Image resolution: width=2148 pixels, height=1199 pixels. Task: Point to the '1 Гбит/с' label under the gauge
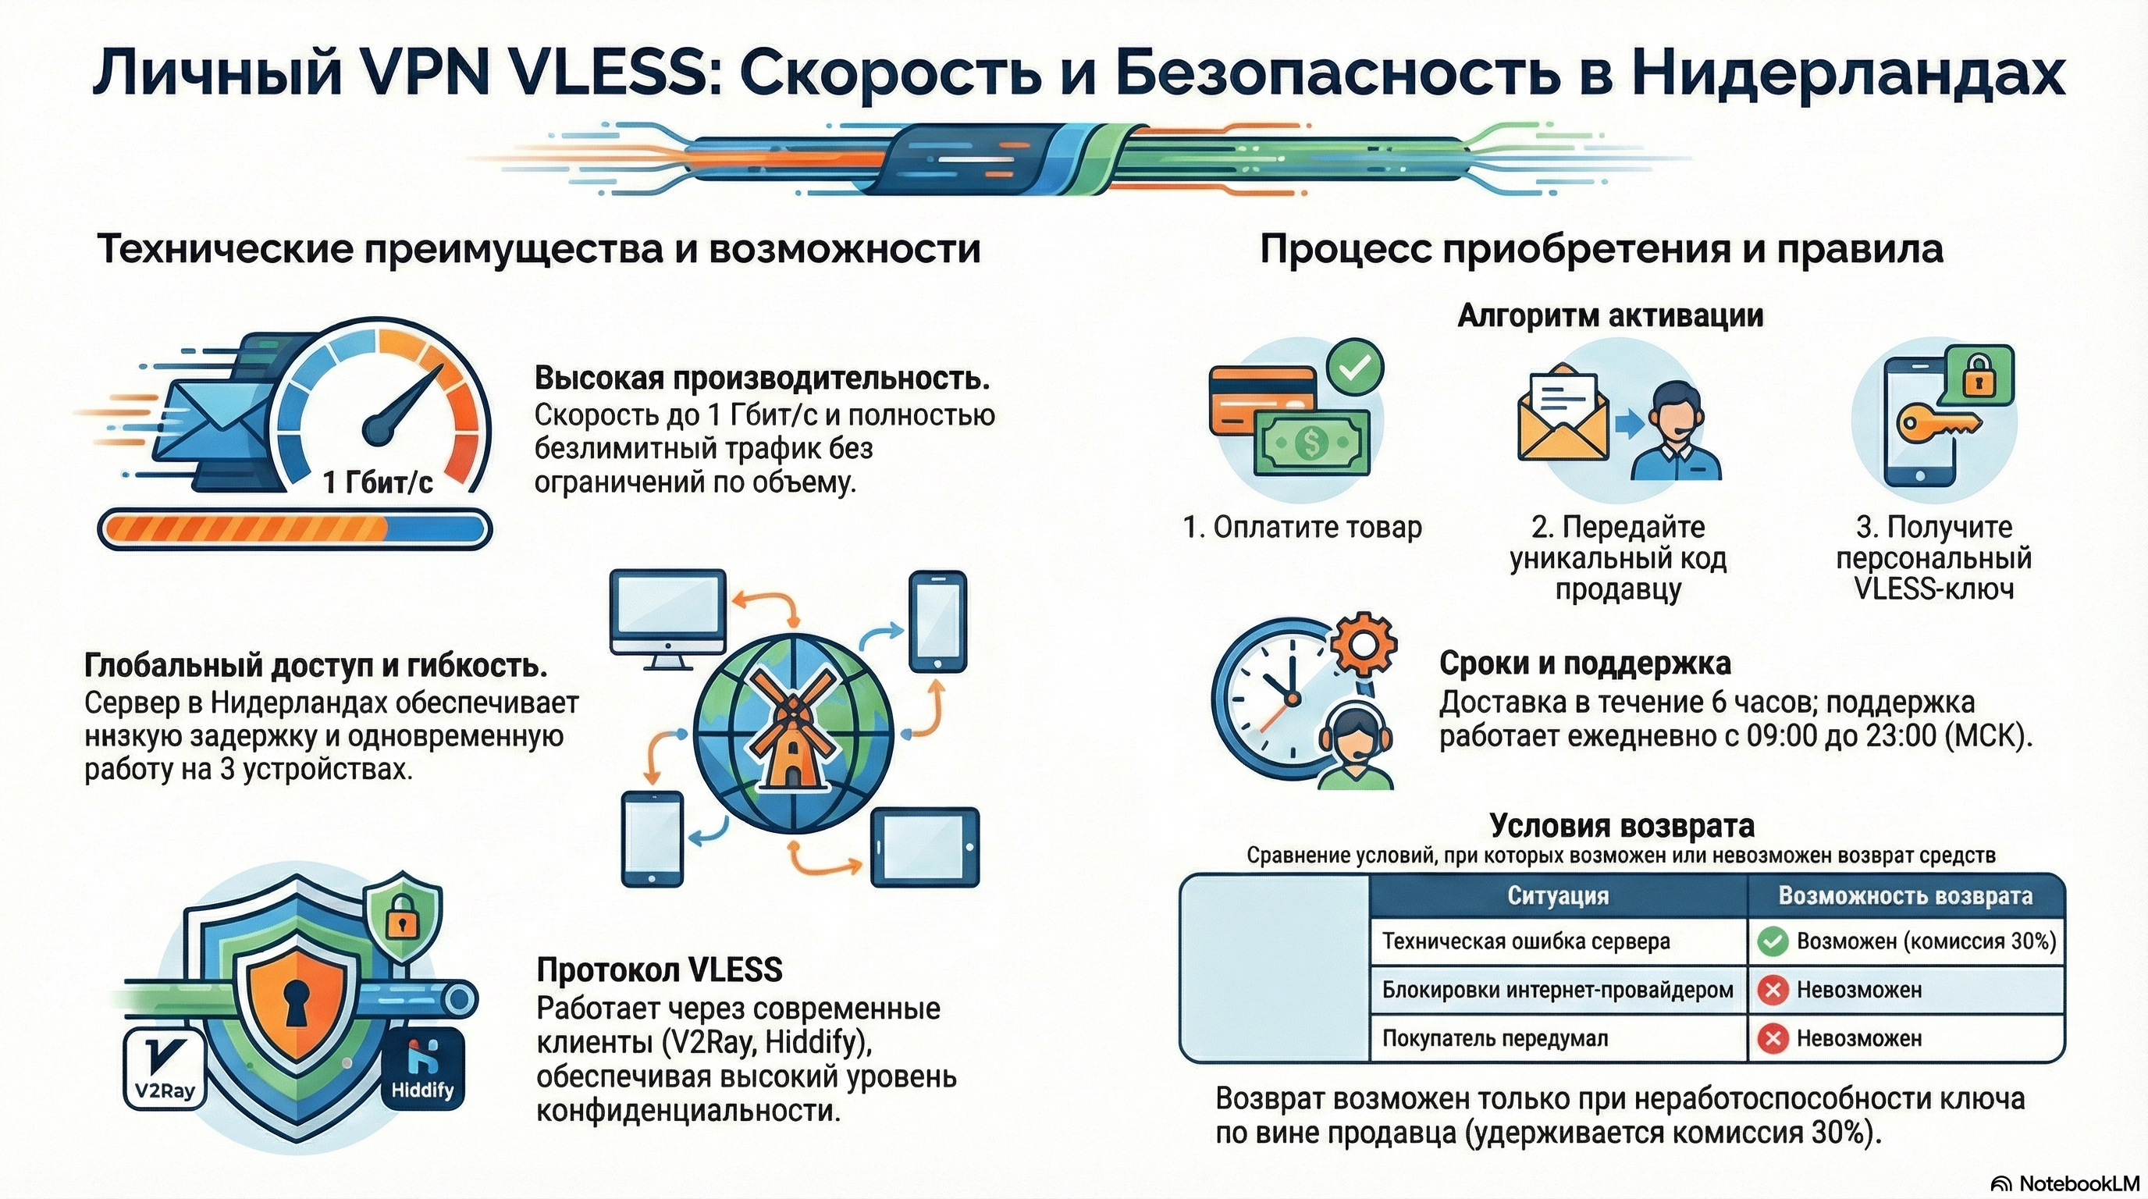tap(378, 482)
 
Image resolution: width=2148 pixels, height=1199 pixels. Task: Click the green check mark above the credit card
tap(1355, 366)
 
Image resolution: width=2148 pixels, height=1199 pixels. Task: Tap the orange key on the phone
tap(1940, 423)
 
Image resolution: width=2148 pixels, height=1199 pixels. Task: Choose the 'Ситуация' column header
tap(1558, 895)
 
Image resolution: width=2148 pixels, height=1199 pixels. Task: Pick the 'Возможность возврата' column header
tap(1905, 895)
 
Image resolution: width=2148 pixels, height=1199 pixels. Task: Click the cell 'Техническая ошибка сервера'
tap(1526, 941)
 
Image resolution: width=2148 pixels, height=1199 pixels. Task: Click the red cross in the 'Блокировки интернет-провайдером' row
tap(1772, 991)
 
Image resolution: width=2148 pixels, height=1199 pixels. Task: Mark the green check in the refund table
tap(1772, 942)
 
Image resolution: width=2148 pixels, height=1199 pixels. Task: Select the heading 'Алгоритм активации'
tap(1610, 316)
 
